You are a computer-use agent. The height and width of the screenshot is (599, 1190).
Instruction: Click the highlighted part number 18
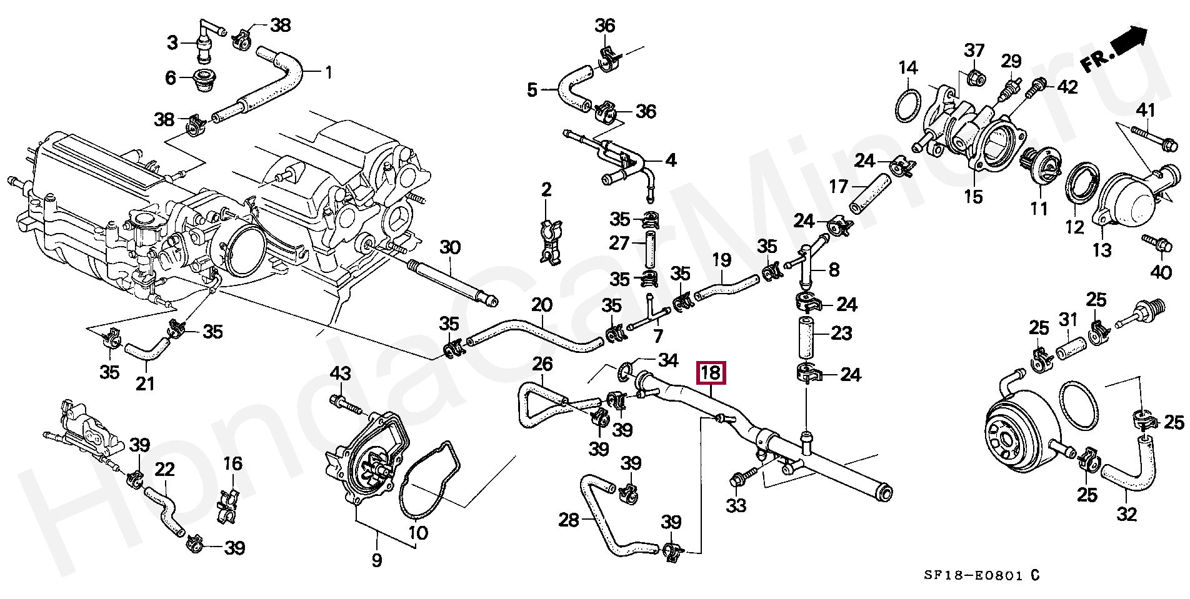(711, 373)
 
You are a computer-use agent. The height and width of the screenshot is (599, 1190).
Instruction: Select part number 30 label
(450, 247)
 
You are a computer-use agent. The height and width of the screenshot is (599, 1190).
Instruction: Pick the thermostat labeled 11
(1038, 170)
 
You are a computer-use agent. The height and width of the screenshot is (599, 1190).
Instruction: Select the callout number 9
(376, 561)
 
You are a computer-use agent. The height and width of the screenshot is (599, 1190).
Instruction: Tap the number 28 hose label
(569, 520)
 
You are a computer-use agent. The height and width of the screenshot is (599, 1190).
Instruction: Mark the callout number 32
(1127, 514)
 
